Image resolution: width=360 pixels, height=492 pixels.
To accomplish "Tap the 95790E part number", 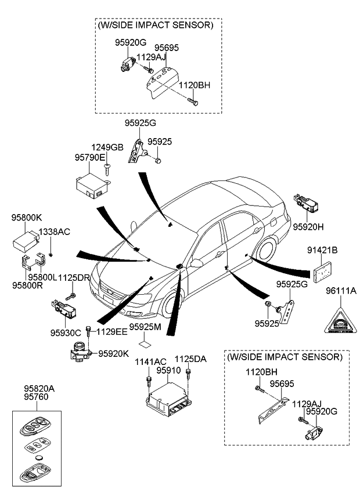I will tap(89, 157).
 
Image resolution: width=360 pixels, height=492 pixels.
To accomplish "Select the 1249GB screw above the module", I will tap(107, 169).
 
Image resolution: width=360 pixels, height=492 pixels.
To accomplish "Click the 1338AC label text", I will tap(54, 232).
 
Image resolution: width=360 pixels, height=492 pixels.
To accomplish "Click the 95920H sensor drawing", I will tap(307, 204).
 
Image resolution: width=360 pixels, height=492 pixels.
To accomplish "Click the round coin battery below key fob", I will tap(39, 459).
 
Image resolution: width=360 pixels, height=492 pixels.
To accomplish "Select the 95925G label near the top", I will tap(141, 123).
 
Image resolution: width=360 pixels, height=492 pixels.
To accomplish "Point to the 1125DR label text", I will tap(74, 278).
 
